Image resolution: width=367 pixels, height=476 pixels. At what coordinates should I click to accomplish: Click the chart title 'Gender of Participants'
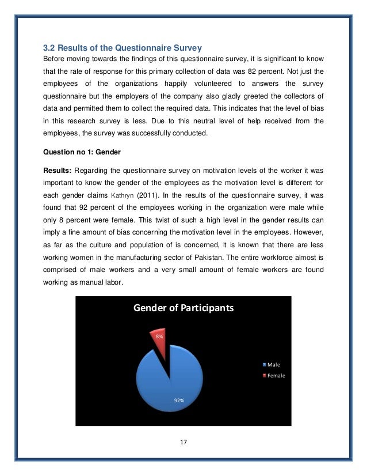[x=183, y=308]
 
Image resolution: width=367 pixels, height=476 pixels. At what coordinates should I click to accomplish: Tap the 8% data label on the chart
[x=159, y=336]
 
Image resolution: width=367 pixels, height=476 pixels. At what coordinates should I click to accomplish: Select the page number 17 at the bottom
[x=183, y=443]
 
